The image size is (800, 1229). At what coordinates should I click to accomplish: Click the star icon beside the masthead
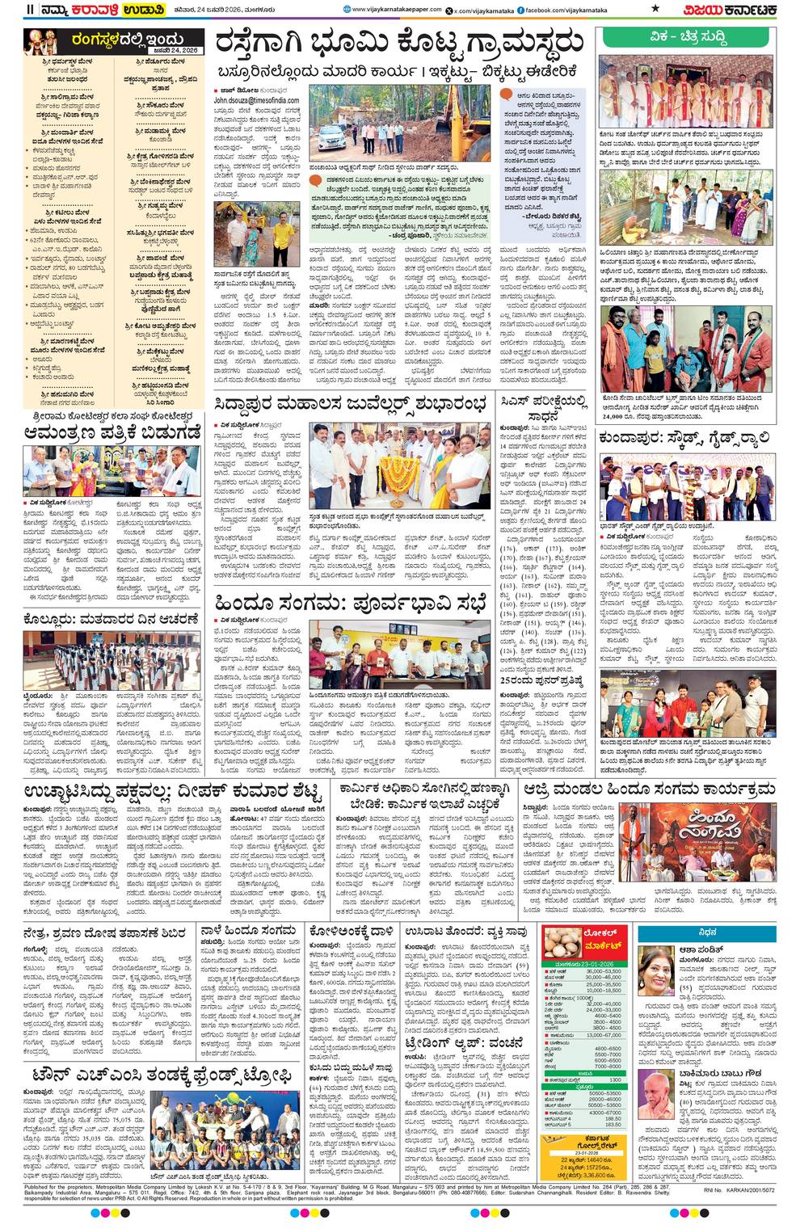(x=655, y=10)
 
